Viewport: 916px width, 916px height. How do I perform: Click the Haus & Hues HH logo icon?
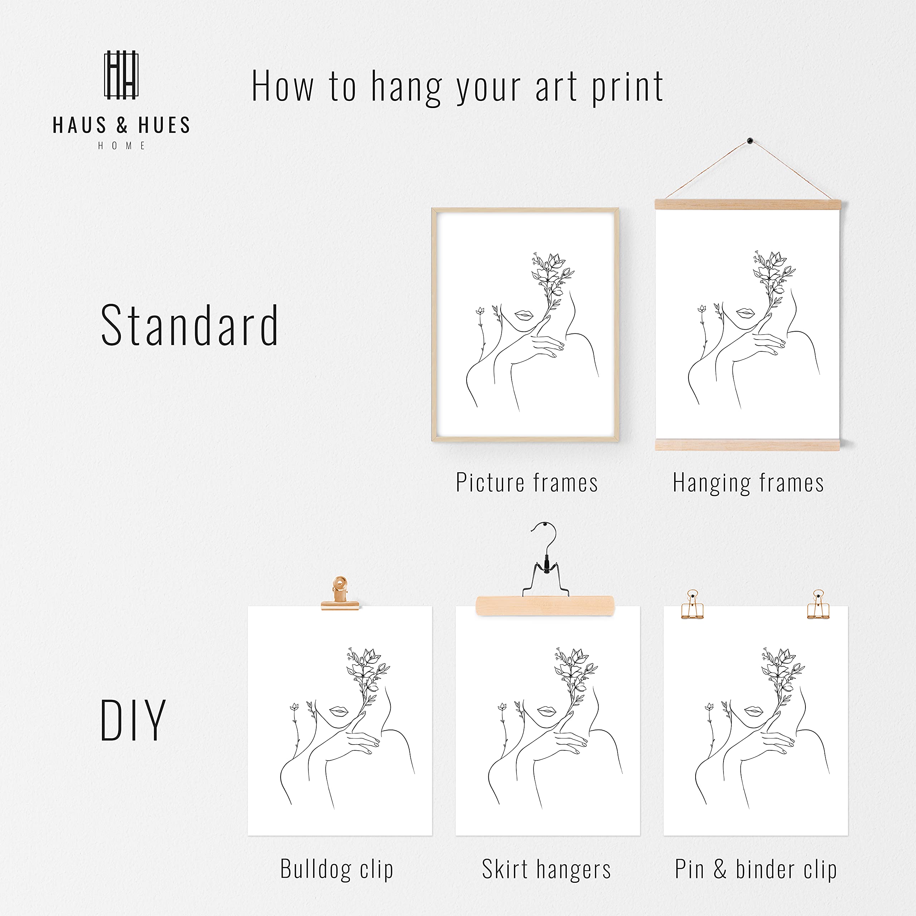click(x=121, y=75)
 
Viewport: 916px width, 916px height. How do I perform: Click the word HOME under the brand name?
click(x=121, y=146)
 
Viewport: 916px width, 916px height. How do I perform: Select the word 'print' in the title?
click(x=627, y=87)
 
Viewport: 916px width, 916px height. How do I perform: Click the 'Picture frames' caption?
click(x=527, y=483)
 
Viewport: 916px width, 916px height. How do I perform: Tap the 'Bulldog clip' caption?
click(x=337, y=869)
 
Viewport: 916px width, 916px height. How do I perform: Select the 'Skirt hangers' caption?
click(x=546, y=869)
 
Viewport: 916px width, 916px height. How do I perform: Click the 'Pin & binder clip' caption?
click(x=756, y=869)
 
